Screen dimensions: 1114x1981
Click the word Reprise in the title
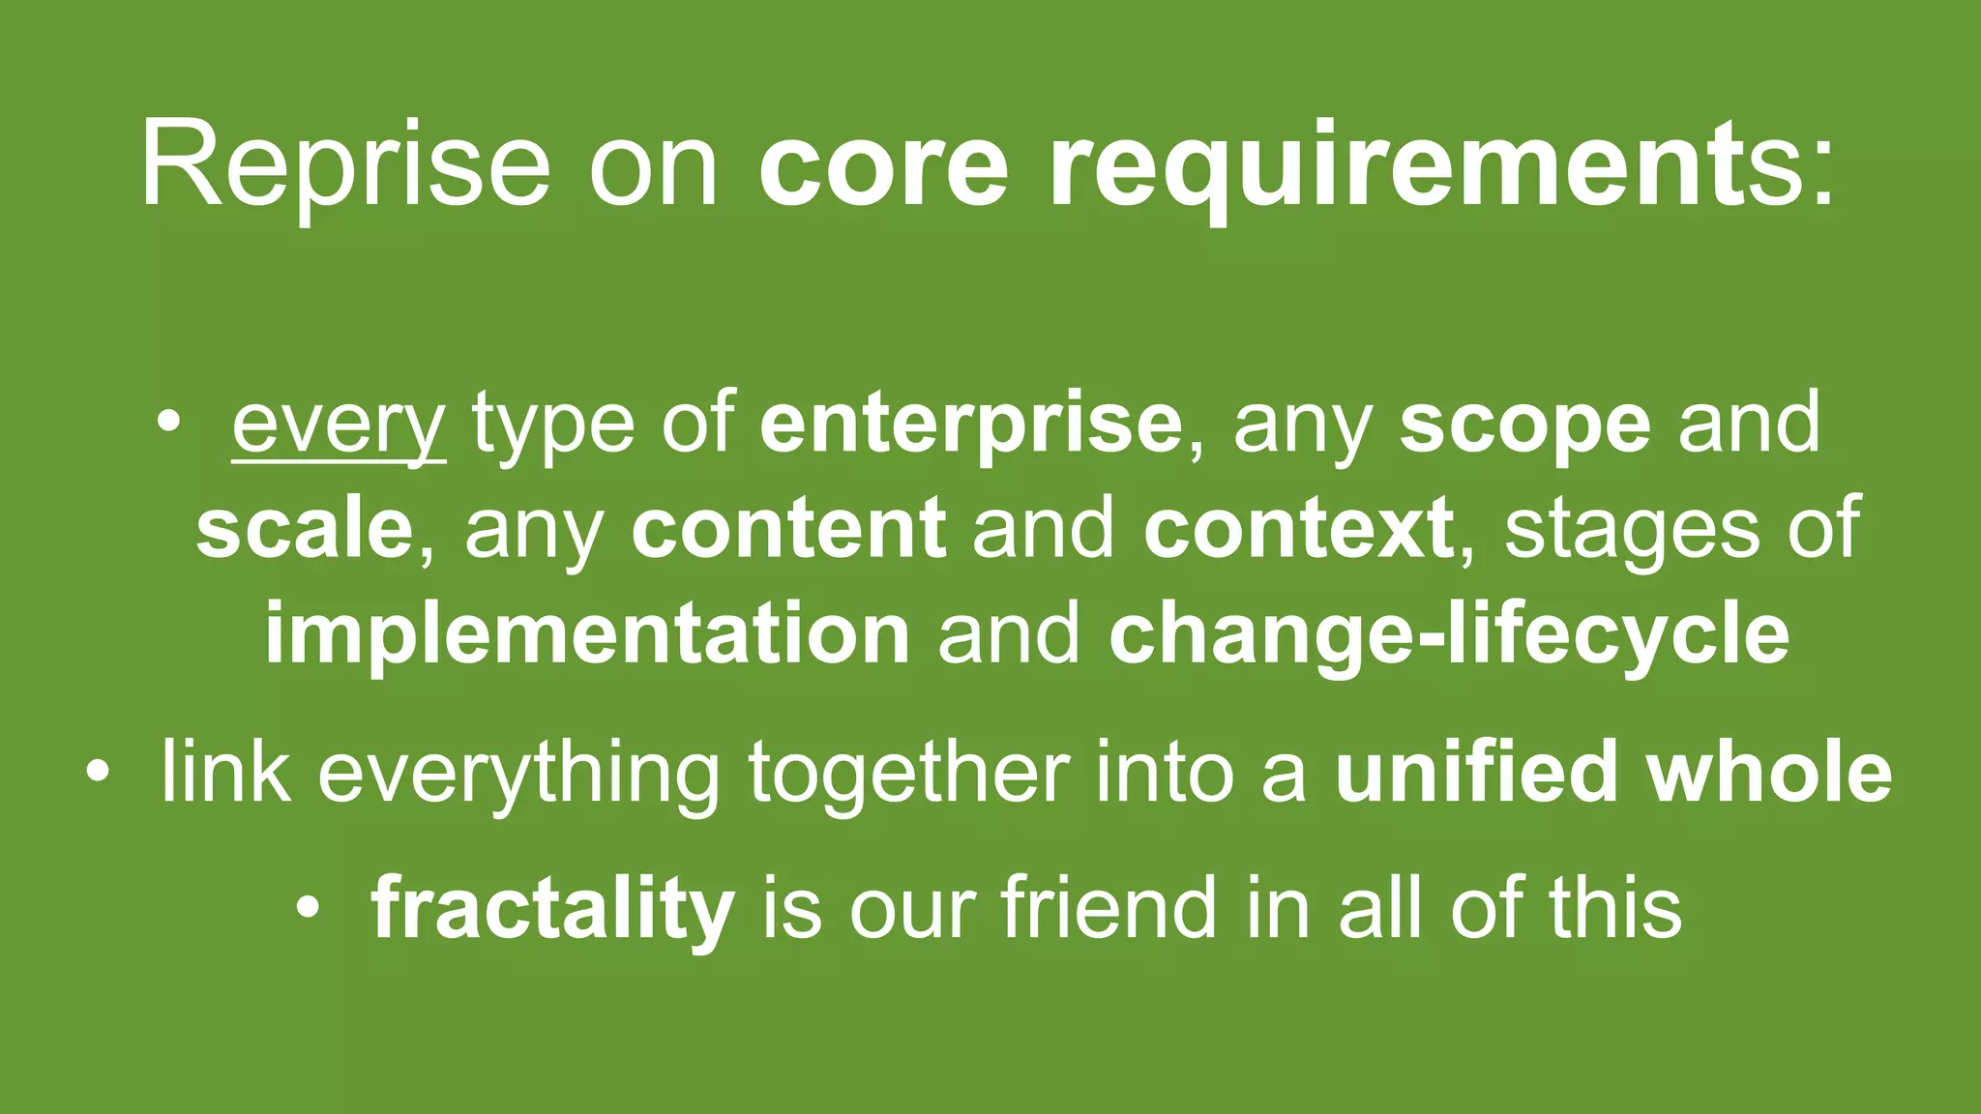click(344, 164)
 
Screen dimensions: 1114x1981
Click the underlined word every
click(339, 425)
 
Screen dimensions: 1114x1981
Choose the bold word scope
click(1524, 425)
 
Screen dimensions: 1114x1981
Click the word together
click(908, 774)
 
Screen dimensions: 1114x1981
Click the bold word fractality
click(552, 909)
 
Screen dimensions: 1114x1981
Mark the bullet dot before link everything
click(97, 773)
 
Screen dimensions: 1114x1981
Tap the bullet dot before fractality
click(308, 908)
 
